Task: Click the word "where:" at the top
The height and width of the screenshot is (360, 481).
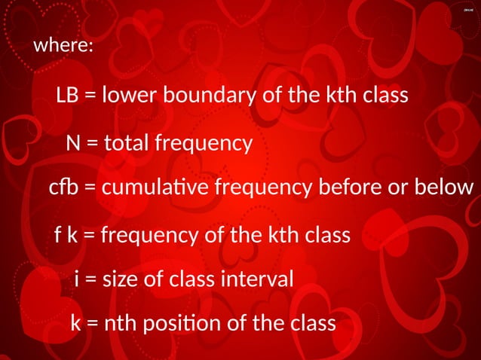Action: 63,46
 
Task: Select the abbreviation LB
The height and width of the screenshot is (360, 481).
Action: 67,96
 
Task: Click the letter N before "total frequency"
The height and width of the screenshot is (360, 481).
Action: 73,143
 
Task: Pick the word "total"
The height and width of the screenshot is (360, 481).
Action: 126,143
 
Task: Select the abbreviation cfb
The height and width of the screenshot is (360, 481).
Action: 63,188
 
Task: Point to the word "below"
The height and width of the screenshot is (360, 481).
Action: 444,188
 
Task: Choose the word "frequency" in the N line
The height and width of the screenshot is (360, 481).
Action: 203,145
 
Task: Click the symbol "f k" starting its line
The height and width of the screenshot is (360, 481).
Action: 66,236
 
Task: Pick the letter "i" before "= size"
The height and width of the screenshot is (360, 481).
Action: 78,280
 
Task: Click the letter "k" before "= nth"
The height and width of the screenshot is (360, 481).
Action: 75,324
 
